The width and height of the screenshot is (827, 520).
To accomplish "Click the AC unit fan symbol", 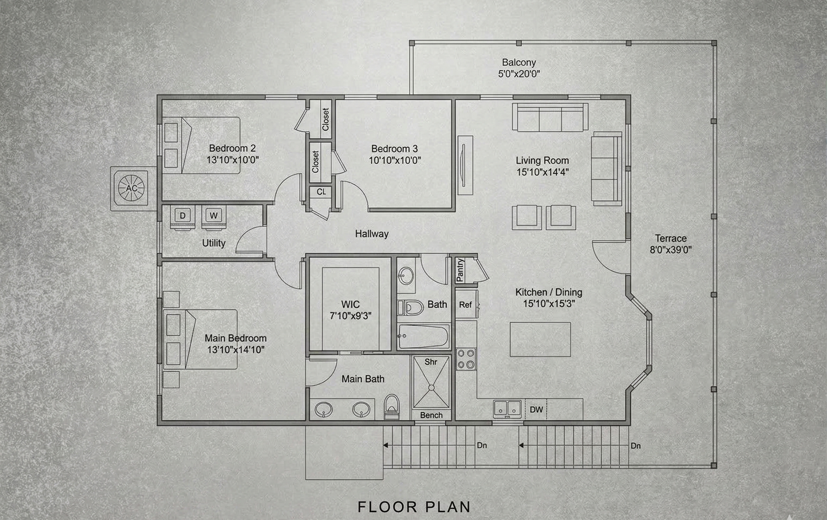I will coord(131,188).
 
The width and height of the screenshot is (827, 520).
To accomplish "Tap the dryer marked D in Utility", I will coord(183,216).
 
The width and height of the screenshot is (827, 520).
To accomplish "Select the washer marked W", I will coord(214,216).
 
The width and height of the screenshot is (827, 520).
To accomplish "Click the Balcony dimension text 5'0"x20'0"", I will coord(519,74).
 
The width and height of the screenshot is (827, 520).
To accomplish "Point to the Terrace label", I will coord(670,238).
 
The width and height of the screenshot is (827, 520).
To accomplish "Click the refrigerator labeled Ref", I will coord(465,305).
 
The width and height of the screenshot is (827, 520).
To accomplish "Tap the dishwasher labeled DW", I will coord(536,409).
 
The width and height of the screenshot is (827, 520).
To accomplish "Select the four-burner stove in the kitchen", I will coord(466,359).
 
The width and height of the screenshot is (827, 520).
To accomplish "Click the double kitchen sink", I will coord(507,409).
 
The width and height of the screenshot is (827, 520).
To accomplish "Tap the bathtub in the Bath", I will coord(424,336).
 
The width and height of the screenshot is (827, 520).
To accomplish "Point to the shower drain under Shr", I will coord(431,388).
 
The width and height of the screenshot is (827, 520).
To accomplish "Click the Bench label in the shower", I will coord(431,415).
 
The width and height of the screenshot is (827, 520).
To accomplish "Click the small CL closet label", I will coord(321,192).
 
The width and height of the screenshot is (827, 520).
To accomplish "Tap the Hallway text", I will coord(372,234).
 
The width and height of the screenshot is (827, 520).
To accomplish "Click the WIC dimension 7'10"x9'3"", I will coord(350,316).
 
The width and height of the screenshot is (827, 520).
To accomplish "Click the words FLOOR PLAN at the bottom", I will coord(413,507).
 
